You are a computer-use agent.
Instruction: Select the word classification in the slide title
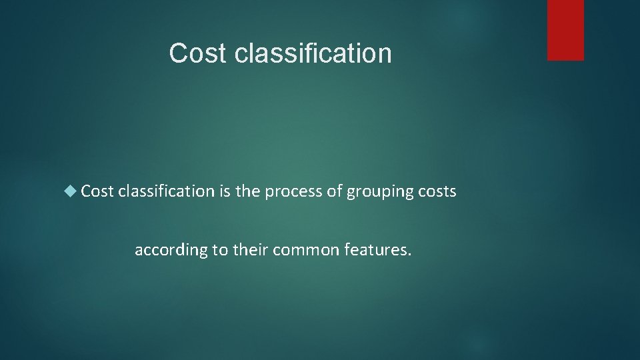(313, 53)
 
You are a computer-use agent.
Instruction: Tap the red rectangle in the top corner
(565, 30)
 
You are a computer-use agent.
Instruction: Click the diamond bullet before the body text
(71, 192)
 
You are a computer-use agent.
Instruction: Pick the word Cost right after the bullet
(98, 192)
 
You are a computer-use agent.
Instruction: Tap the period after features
(410, 255)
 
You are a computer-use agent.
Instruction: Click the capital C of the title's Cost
(178, 53)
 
